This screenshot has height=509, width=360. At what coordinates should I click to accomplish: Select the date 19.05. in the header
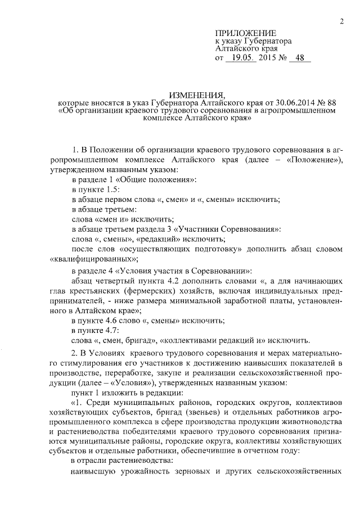pos(241,58)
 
